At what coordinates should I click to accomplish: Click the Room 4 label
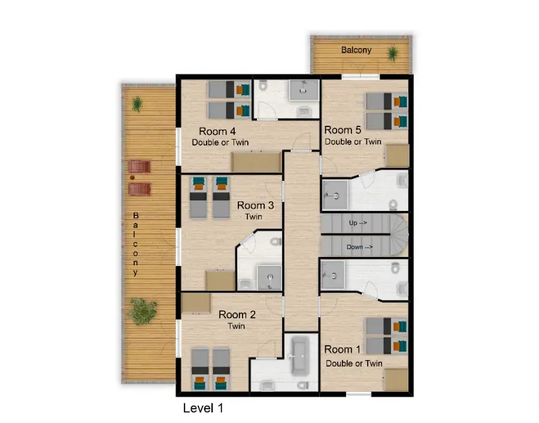217,131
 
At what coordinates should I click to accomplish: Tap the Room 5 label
343,131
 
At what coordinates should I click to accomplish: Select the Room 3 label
255,206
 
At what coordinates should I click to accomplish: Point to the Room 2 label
237,315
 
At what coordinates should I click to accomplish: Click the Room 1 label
343,350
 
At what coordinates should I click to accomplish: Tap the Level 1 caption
203,408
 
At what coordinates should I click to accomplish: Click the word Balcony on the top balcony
356,50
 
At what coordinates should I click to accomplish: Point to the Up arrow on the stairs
358,223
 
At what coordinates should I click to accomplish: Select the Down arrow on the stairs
359,247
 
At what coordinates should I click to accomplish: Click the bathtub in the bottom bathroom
300,355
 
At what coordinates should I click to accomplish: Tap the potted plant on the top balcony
392,53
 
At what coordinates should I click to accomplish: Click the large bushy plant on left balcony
142,311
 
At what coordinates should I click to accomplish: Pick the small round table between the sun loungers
132,178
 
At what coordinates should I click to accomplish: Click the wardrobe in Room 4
256,162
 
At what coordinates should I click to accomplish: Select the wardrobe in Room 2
196,303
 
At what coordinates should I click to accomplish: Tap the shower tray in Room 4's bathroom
304,90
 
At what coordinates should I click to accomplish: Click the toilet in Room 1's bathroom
396,268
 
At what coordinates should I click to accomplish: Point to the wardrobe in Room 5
397,156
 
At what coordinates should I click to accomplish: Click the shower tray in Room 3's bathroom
269,277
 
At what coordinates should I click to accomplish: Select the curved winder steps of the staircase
399,235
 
